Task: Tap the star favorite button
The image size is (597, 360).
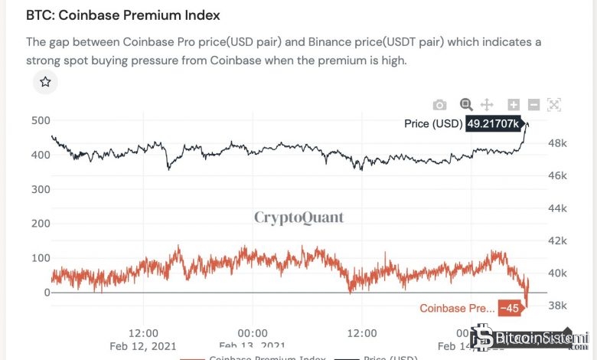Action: (x=45, y=82)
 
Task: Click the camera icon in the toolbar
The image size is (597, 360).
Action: (x=439, y=105)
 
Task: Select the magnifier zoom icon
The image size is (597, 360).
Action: (x=465, y=105)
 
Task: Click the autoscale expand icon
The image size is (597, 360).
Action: (x=554, y=105)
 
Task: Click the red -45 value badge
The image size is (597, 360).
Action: (x=509, y=308)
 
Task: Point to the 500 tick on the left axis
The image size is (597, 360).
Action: (x=41, y=120)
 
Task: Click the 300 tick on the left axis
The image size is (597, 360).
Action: (x=41, y=189)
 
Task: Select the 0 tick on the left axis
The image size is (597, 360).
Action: (x=47, y=293)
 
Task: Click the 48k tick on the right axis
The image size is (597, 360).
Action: (x=557, y=142)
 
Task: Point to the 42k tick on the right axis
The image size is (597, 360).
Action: (x=557, y=241)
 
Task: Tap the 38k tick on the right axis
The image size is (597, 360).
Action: (x=557, y=306)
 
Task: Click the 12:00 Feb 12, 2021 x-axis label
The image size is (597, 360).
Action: (x=143, y=339)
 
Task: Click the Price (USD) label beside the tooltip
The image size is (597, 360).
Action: (x=433, y=123)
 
